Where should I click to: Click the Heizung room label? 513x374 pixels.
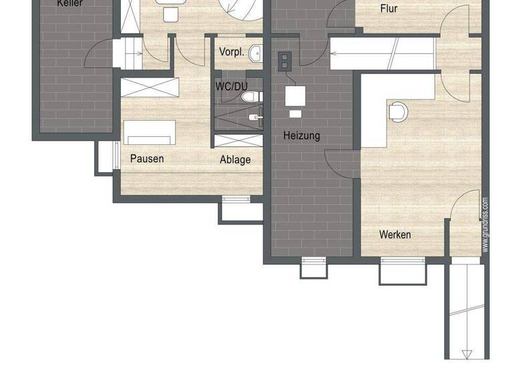tap(301, 136)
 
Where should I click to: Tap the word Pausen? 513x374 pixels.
tap(147, 159)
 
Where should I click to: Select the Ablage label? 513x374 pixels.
tap(235, 160)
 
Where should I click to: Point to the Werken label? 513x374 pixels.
tap(395, 235)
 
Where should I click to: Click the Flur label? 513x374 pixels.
tap(389, 9)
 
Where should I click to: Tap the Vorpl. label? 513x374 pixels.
tap(230, 52)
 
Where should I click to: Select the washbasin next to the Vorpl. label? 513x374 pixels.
tap(255, 53)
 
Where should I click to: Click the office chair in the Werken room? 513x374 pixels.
tap(397, 112)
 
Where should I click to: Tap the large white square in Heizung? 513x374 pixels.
tap(295, 96)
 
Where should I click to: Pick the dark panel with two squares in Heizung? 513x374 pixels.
tap(285, 61)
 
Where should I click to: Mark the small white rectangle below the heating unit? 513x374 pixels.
tap(295, 114)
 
